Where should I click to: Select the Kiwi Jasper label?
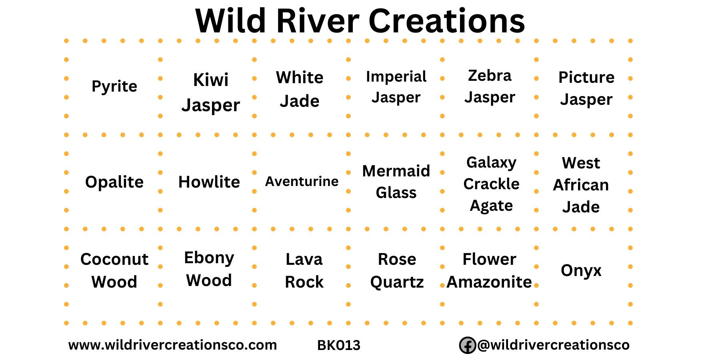pyautogui.click(x=211, y=92)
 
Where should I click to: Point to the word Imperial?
pyautogui.click(x=396, y=76)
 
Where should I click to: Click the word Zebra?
pyautogui.click(x=490, y=75)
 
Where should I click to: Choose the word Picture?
pyautogui.click(x=586, y=77)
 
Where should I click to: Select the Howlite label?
pyautogui.click(x=209, y=182)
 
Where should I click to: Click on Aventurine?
pyautogui.click(x=302, y=181)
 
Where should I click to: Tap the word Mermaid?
pyautogui.click(x=396, y=171)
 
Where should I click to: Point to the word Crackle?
pyautogui.click(x=491, y=184)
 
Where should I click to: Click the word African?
pyautogui.click(x=581, y=185)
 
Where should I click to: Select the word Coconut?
pyautogui.click(x=114, y=259)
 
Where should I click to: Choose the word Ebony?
pyautogui.click(x=209, y=258)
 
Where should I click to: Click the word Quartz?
pyautogui.click(x=397, y=282)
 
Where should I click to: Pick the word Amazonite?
pyautogui.click(x=489, y=282)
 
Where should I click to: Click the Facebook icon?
pyautogui.click(x=467, y=345)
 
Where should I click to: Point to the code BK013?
pyautogui.click(x=339, y=345)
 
